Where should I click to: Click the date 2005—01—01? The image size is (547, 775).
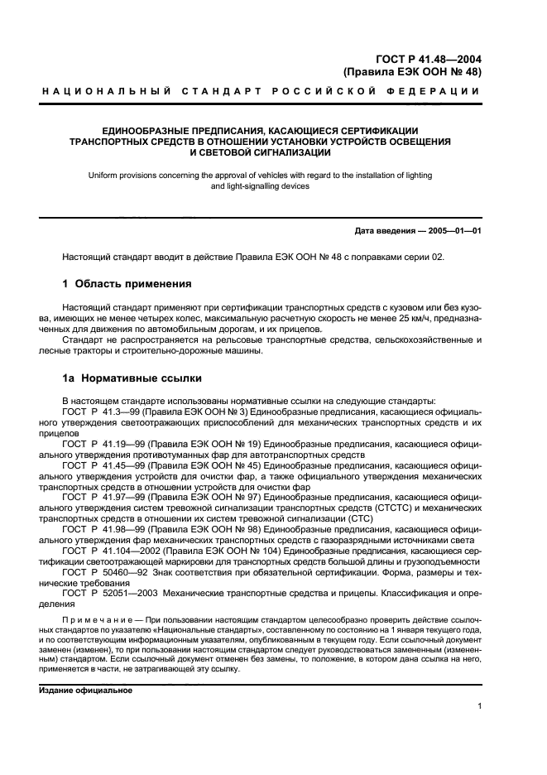(x=454, y=231)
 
